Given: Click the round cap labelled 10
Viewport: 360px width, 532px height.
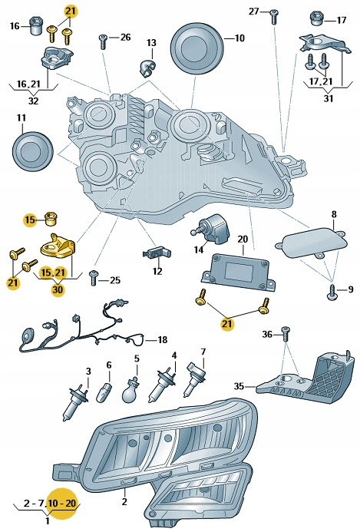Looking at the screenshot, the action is pos(197,48).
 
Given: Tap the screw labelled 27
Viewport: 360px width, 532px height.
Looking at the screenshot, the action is pos(274,17).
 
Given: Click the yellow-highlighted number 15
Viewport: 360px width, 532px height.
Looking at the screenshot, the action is pos(30,220).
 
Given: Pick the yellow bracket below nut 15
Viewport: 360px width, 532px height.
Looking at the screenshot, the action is pos(58,246).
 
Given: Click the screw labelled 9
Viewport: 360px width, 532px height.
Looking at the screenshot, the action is pos(333,292).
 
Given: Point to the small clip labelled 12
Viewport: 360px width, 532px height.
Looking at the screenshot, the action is pos(157,253).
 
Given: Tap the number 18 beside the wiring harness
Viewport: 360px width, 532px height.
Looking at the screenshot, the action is pos(163,339).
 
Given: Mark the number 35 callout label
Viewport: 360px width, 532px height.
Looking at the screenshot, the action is pos(239,386).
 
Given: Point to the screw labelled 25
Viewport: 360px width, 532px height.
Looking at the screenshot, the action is pos(94,278).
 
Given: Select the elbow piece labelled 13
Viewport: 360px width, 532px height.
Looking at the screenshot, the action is pos(147,67).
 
